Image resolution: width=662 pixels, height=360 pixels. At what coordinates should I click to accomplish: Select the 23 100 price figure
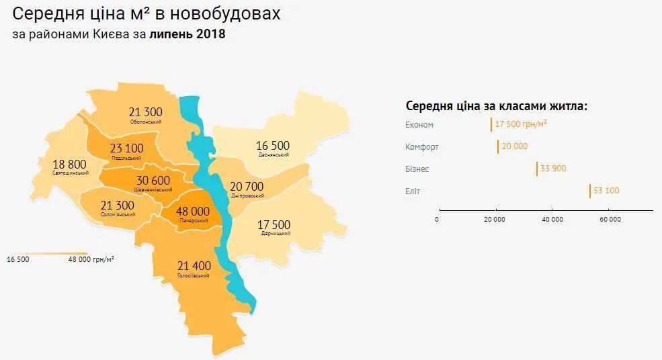pyautogui.click(x=126, y=148)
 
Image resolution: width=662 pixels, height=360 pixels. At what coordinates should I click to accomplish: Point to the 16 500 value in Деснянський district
pyautogui.click(x=272, y=145)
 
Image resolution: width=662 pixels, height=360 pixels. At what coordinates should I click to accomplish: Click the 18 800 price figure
pyautogui.click(x=69, y=164)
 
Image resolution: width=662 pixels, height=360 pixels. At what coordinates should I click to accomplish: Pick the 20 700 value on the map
pyautogui.click(x=247, y=186)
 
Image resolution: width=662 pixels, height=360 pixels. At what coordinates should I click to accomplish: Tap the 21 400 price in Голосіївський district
pyautogui.click(x=194, y=266)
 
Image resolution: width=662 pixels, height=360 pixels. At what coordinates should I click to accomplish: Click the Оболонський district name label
pyautogui.click(x=147, y=122)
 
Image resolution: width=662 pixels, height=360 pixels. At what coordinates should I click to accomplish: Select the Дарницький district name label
pyautogui.click(x=274, y=233)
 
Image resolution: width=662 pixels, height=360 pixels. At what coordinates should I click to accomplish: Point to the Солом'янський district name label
pyautogui.click(x=118, y=214)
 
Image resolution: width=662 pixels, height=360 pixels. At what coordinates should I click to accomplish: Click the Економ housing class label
pyautogui.click(x=419, y=125)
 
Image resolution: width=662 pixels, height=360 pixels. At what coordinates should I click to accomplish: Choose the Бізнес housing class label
pyautogui.click(x=417, y=169)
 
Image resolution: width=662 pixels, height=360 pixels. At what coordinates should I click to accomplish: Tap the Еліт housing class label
pyautogui.click(x=413, y=191)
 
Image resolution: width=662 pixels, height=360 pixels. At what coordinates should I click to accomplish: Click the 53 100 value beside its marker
pyautogui.click(x=606, y=191)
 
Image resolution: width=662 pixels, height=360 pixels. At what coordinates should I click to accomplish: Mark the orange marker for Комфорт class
pyautogui.click(x=498, y=146)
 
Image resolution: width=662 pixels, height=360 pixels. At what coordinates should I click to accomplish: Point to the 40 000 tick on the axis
pyautogui.click(x=552, y=220)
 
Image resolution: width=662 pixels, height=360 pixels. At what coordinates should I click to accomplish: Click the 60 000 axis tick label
pyautogui.click(x=610, y=220)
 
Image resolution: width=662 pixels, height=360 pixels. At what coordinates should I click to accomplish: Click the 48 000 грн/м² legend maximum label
pyautogui.click(x=91, y=258)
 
